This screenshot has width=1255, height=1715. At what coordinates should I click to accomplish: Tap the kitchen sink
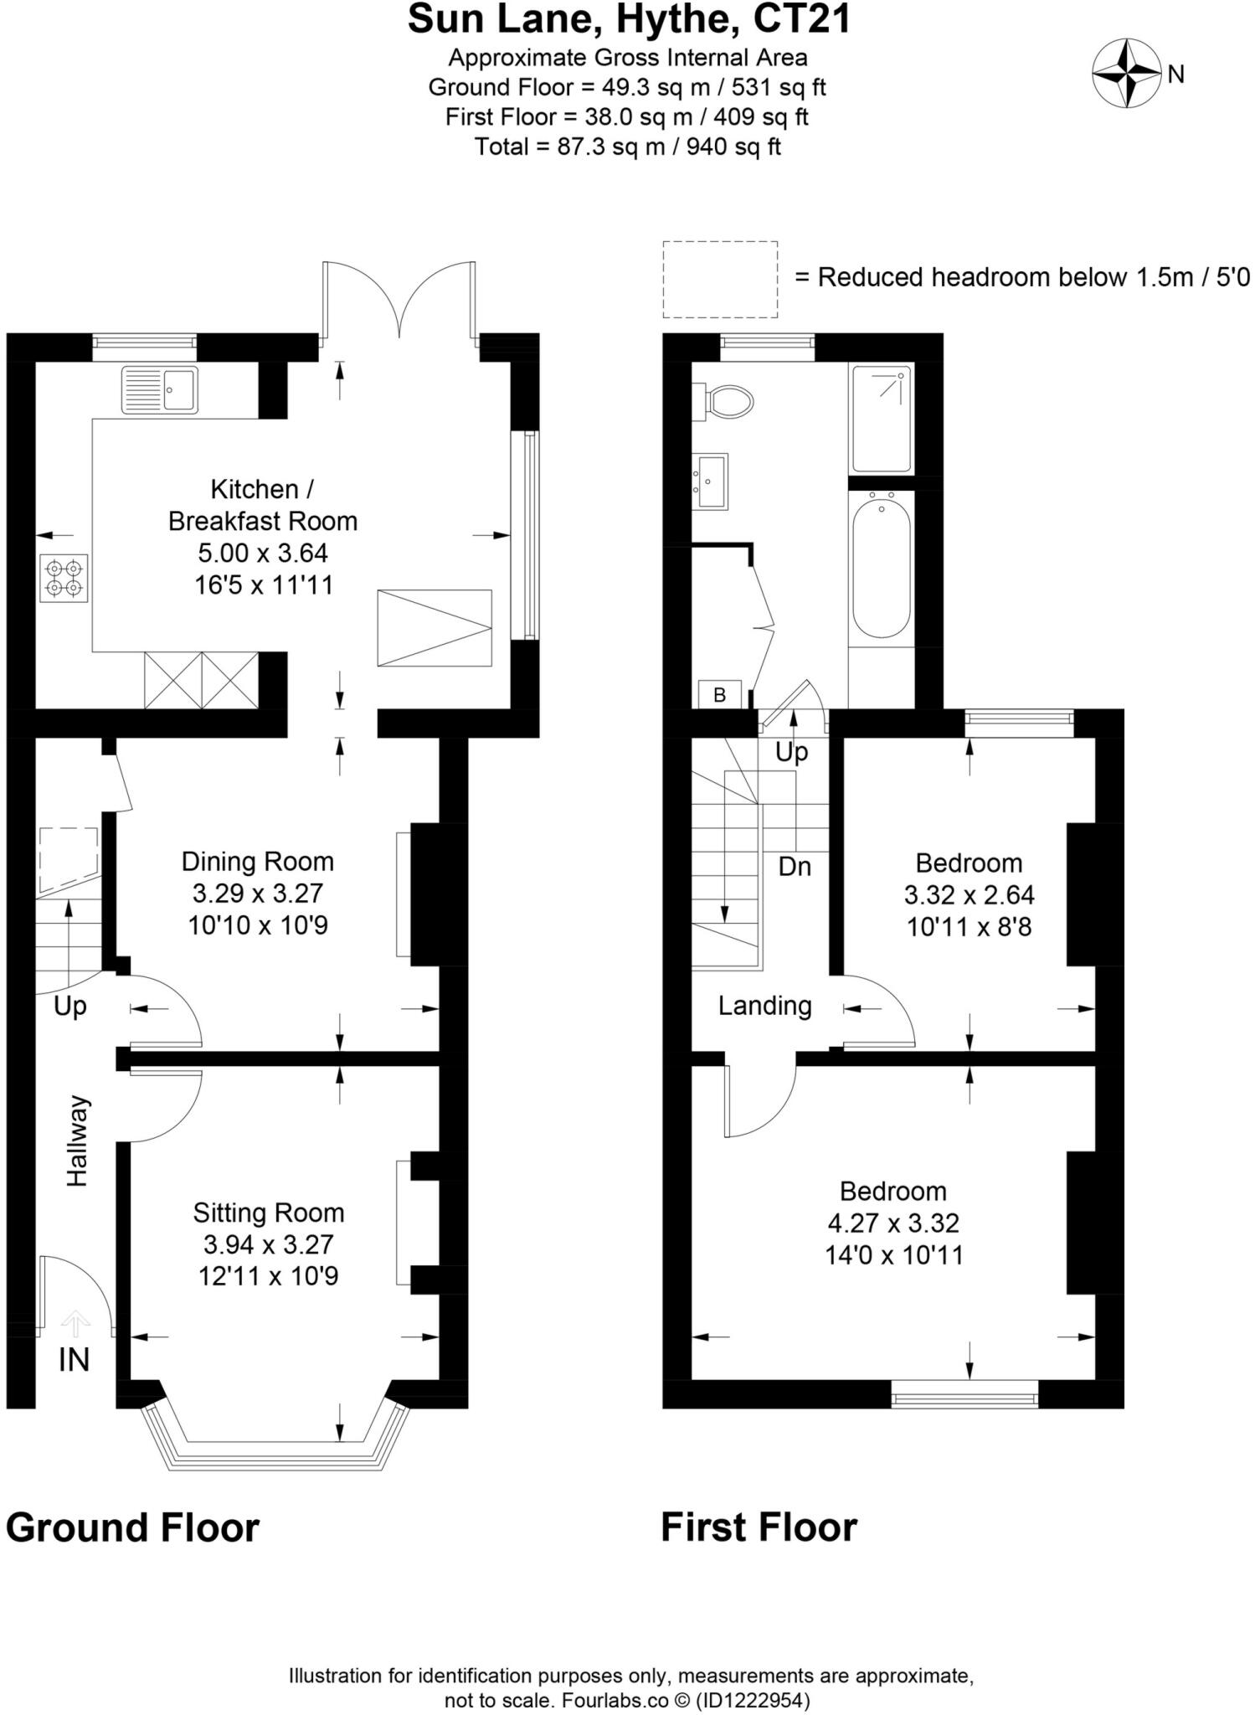point(160,389)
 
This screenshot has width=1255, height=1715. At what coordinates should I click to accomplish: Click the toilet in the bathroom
point(728,401)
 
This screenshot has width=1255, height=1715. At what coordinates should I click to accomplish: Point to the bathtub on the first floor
point(881,567)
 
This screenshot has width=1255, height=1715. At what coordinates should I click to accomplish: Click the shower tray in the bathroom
point(881,419)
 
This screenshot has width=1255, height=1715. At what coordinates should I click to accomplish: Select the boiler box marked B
point(720,694)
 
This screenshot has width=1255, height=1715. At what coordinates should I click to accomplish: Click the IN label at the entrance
point(74,1360)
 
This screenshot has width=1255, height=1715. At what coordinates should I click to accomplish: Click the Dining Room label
point(258,861)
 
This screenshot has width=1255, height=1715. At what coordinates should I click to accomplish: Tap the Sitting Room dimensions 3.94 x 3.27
point(268,1244)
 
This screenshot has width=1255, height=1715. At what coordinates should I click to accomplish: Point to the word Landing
point(764,1006)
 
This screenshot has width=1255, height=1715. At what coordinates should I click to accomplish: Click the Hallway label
point(77,1141)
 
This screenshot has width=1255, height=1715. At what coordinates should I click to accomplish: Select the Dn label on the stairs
point(795,867)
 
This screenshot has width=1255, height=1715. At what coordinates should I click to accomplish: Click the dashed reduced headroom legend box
point(720,279)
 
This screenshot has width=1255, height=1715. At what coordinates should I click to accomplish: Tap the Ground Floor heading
point(132,1527)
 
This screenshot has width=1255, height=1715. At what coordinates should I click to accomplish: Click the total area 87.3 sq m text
point(628,147)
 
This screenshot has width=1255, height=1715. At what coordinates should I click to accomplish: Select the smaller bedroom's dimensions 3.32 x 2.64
point(969,895)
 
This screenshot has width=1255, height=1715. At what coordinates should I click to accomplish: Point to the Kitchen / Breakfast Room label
point(262,505)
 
